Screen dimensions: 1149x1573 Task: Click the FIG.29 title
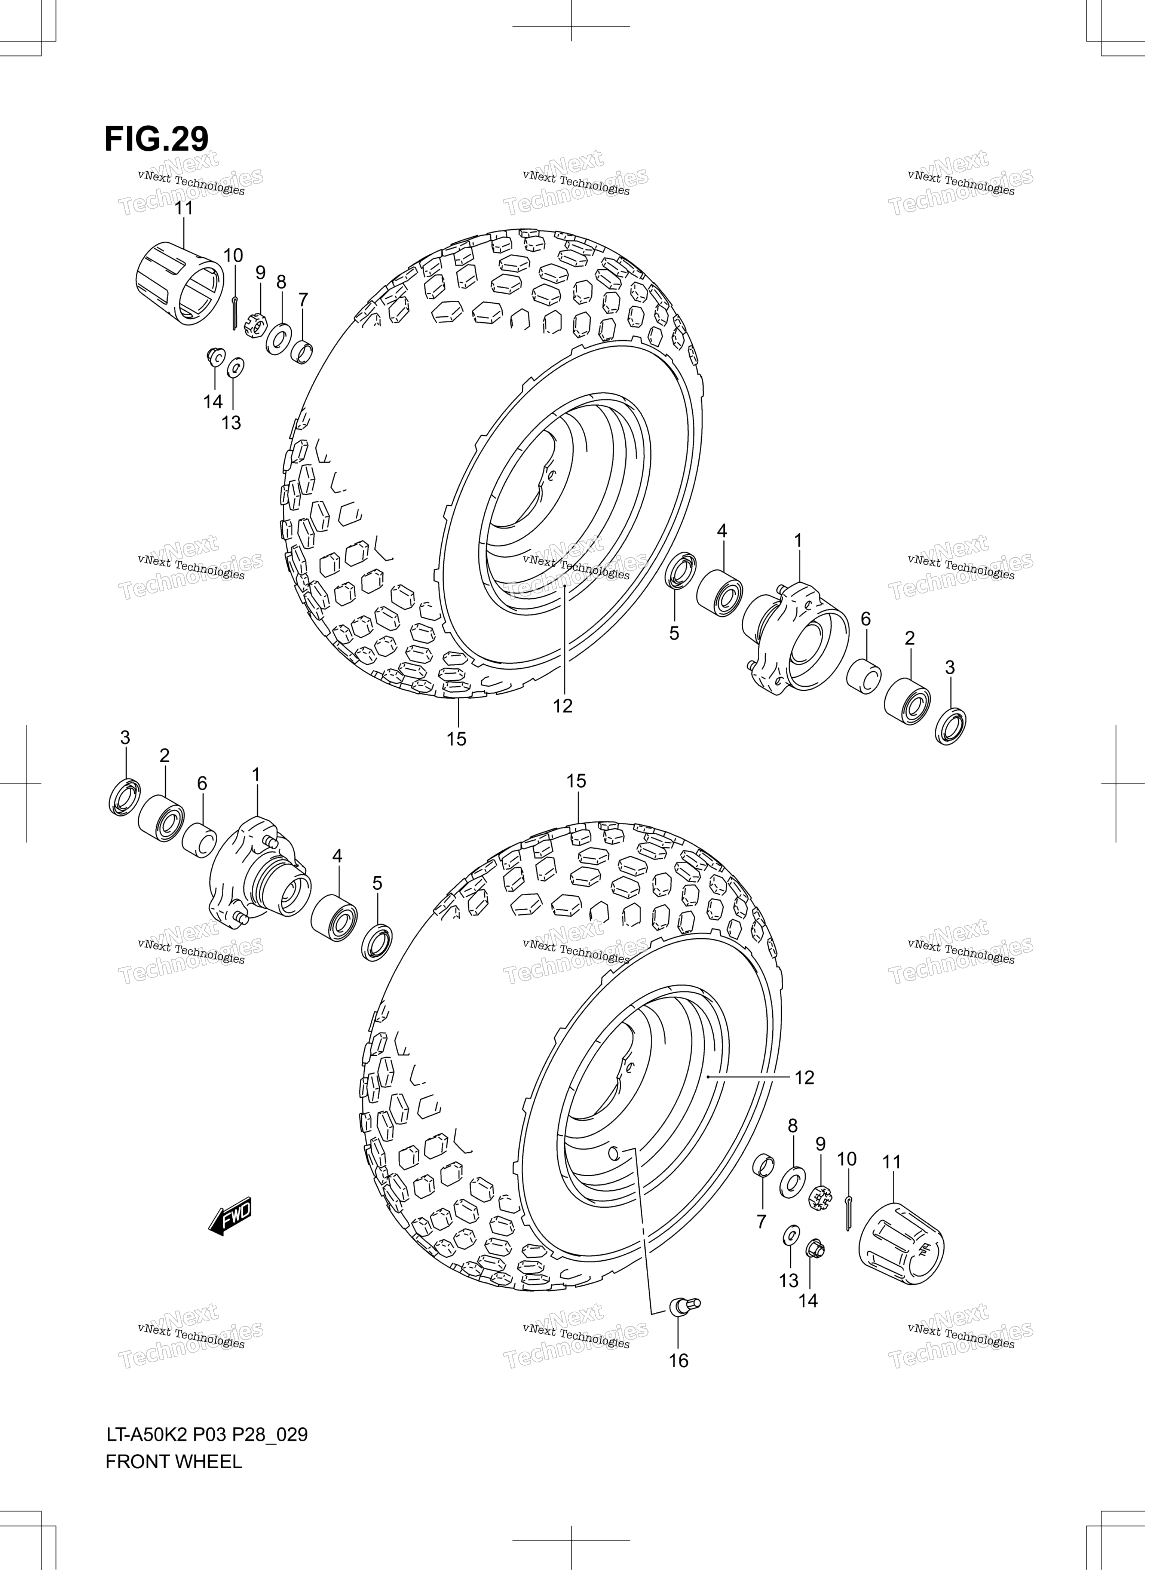156,139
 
